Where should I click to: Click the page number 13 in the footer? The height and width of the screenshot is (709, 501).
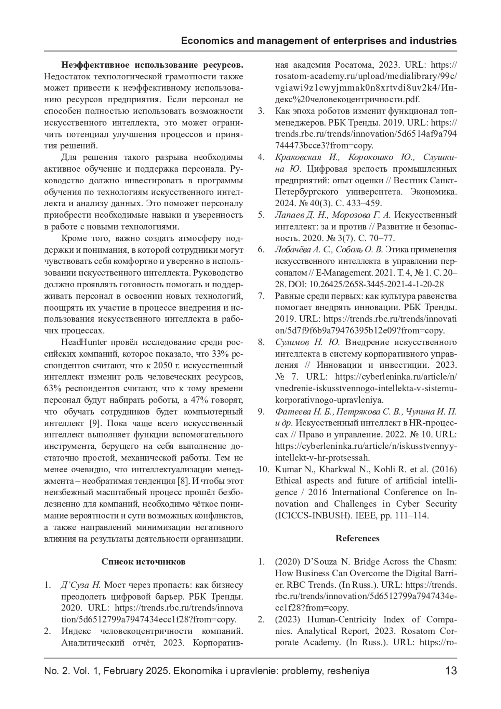451,671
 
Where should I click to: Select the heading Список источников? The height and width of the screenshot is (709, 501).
143,562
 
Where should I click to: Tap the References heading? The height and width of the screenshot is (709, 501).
357,538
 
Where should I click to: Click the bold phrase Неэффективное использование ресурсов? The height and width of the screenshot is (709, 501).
152,65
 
